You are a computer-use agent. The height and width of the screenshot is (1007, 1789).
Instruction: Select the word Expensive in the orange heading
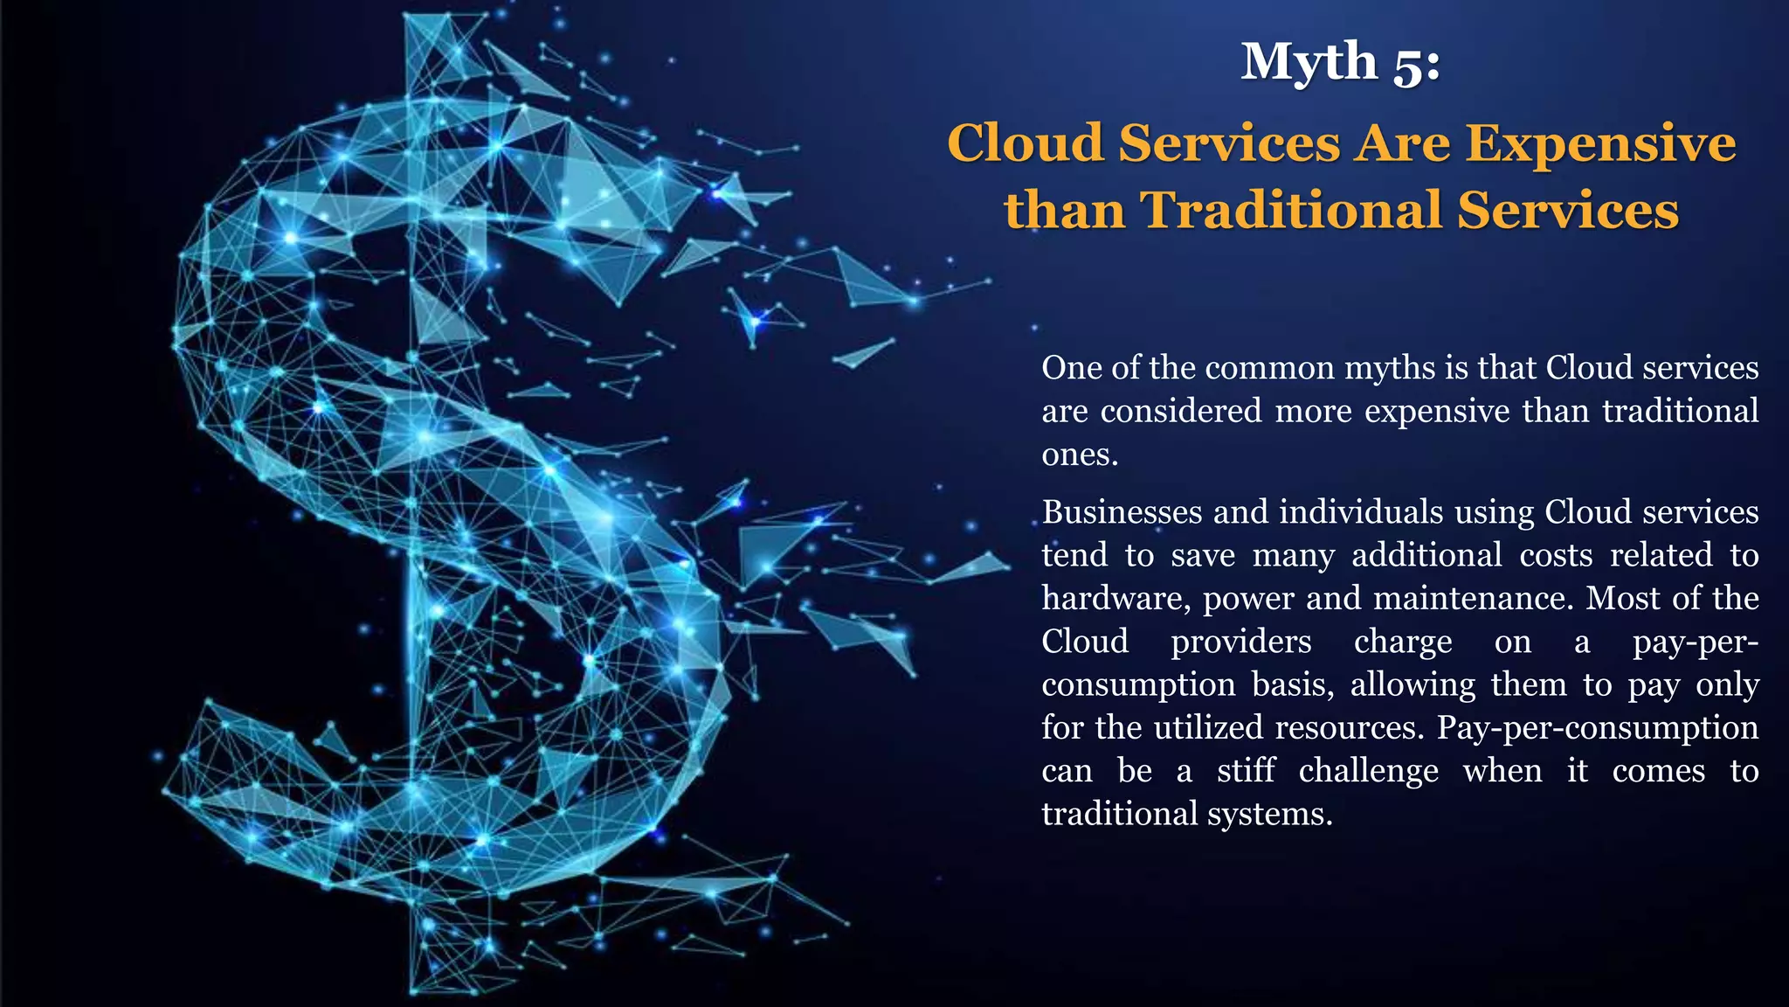tap(1600, 143)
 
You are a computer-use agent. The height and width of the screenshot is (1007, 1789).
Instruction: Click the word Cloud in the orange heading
tap(1026, 143)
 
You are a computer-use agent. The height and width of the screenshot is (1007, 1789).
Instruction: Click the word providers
tap(1240, 642)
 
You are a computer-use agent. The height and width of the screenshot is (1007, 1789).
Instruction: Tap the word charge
tap(1403, 642)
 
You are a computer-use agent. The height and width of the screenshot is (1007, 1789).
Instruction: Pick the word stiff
tap(1246, 771)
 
